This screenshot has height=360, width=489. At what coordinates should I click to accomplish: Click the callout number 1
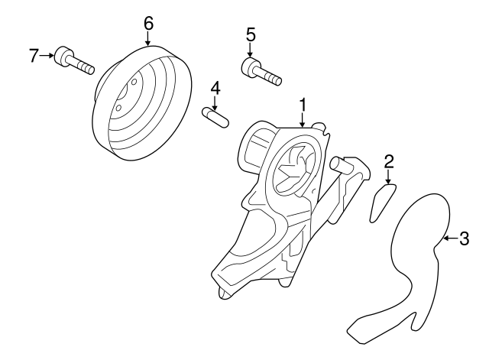pyautogui.click(x=303, y=102)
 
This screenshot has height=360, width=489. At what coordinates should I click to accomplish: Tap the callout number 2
pyautogui.click(x=388, y=161)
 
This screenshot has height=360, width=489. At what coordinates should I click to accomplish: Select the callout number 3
pyautogui.click(x=464, y=239)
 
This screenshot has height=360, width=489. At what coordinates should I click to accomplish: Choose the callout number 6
pyautogui.click(x=147, y=22)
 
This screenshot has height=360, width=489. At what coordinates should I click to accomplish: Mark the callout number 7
pyautogui.click(x=33, y=55)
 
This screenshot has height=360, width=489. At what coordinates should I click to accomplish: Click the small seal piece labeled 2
pyautogui.click(x=381, y=202)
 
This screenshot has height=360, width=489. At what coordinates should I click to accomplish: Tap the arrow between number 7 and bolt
pyautogui.click(x=47, y=55)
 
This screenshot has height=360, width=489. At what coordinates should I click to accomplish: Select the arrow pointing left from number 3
pyautogui.click(x=449, y=239)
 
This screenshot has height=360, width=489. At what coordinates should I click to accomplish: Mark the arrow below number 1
pyautogui.click(x=303, y=118)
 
